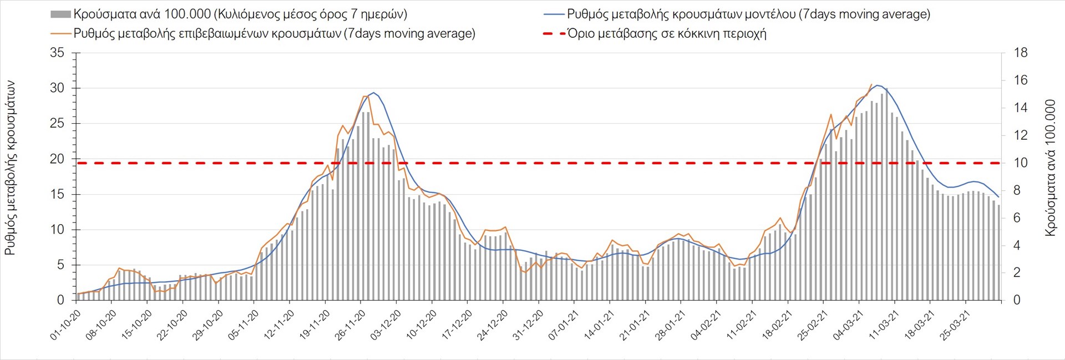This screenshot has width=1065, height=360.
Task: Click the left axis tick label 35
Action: coord(57,53)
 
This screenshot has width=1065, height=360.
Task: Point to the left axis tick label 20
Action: coord(57,159)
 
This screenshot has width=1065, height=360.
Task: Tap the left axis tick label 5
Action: coord(60,265)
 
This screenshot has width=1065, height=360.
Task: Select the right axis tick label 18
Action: coord(1021,53)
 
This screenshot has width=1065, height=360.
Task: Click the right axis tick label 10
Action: coord(1021,163)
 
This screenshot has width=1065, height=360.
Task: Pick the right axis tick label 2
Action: coord(1017,273)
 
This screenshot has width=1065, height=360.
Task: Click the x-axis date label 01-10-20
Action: coord(66,325)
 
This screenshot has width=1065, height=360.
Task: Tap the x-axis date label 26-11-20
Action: coord(351,325)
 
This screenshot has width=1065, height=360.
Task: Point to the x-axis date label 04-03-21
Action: coord(849,325)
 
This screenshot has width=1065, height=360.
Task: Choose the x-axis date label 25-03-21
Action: coord(955,325)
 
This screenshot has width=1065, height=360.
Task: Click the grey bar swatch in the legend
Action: coord(60,14)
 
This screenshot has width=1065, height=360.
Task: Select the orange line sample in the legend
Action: coord(60,34)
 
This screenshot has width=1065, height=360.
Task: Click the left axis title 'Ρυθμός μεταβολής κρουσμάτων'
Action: coord(10,168)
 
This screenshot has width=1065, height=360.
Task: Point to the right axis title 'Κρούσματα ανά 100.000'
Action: coord(1050,168)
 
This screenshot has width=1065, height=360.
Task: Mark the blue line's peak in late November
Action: coord(373,93)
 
